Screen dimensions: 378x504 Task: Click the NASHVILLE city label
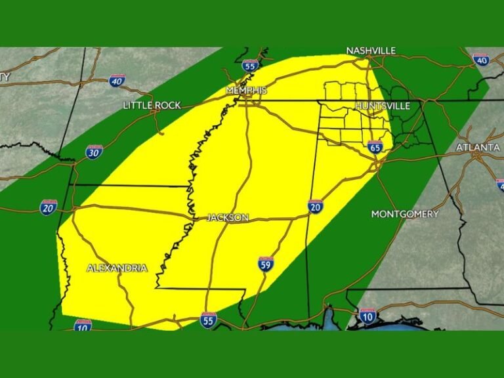tap(371, 51)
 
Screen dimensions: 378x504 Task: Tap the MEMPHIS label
tap(246, 90)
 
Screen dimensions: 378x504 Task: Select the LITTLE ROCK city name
tap(152, 105)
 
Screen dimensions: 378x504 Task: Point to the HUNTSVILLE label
tap(382, 106)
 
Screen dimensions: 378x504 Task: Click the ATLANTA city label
tap(478, 148)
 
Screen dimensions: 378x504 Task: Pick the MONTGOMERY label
tap(405, 214)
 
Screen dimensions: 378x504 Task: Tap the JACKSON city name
tap(227, 217)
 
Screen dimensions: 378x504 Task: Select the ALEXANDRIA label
tap(117, 268)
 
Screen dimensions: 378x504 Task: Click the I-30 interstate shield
tap(94, 152)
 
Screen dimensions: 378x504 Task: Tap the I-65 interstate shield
tap(375, 146)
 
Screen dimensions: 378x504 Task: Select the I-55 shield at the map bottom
tap(209, 320)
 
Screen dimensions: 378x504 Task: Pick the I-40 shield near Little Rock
tap(117, 81)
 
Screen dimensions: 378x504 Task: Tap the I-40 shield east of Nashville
tap(481, 60)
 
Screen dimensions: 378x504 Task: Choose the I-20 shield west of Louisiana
tap(49, 207)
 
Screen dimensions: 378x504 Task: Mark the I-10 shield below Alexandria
tap(83, 324)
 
